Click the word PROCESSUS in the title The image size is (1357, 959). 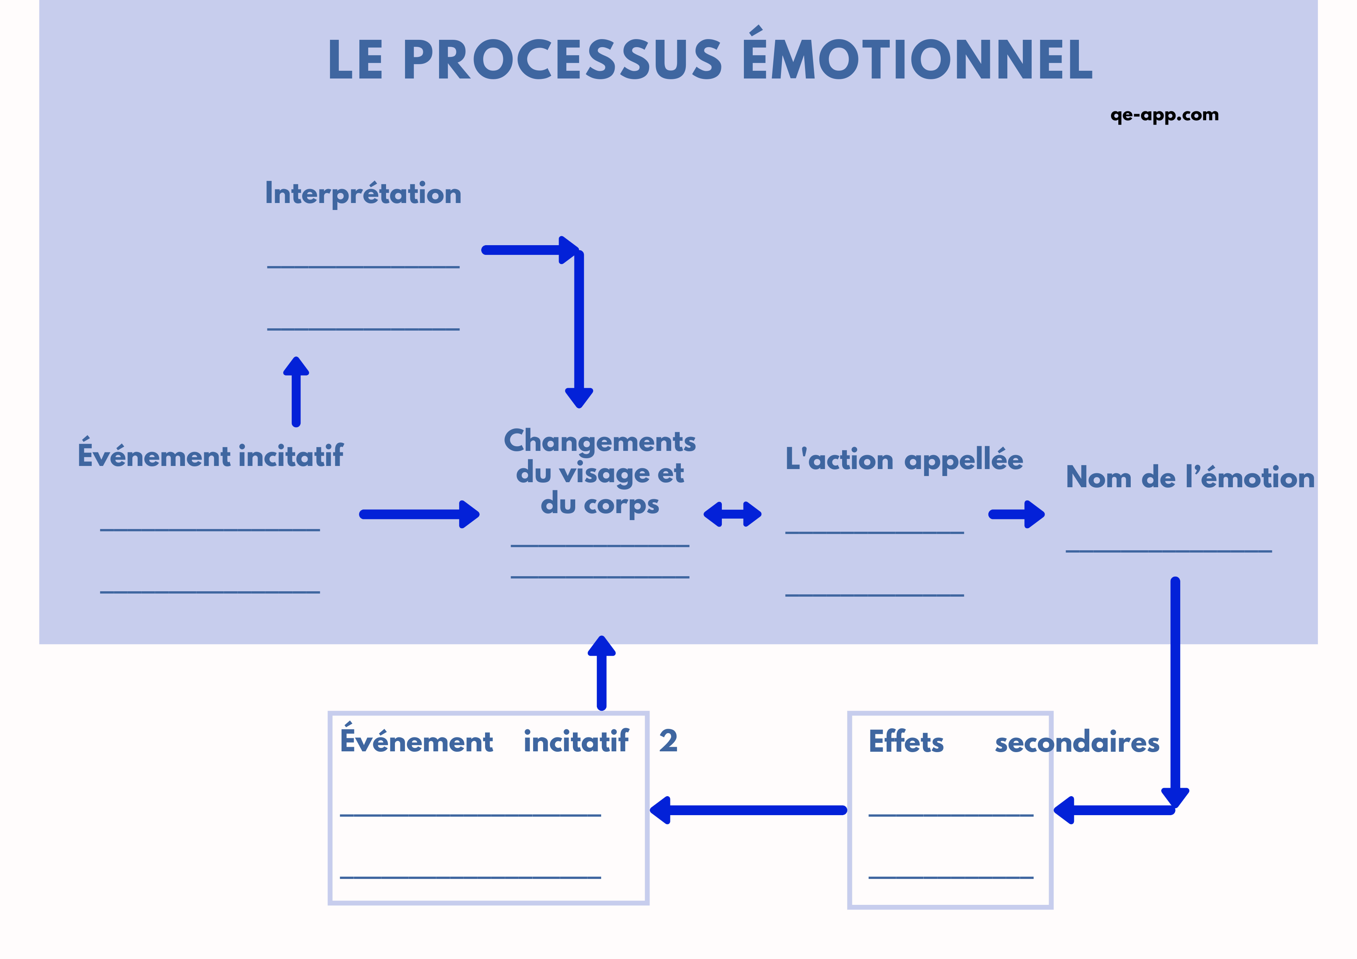click(x=564, y=60)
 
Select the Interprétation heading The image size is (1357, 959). click(x=363, y=194)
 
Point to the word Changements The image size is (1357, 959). click(x=599, y=441)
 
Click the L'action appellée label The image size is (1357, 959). click(x=903, y=460)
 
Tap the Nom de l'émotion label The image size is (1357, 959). click(x=1190, y=478)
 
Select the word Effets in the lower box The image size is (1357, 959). click(x=906, y=742)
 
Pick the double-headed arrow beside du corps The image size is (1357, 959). click(x=732, y=514)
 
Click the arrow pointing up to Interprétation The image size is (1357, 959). click(x=296, y=391)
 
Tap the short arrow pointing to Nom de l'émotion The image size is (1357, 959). click(x=1016, y=514)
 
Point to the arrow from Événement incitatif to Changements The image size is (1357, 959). click(x=419, y=514)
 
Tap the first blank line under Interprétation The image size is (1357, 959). click(x=363, y=267)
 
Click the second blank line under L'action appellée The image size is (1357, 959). click(x=874, y=595)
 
